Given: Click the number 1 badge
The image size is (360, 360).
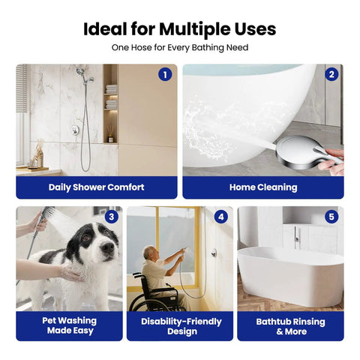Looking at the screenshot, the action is tap(165, 74).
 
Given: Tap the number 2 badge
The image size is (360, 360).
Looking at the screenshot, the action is tap(331, 74).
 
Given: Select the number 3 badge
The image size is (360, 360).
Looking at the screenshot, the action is tap(112, 217).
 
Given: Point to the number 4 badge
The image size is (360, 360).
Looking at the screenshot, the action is tap(221, 217).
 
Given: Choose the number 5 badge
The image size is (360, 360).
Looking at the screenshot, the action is tap(331, 217).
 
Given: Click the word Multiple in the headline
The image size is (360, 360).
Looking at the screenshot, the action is tap(195, 29).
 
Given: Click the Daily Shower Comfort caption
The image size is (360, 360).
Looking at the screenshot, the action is tap(97, 187).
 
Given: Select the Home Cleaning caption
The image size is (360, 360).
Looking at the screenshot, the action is tap(263, 187).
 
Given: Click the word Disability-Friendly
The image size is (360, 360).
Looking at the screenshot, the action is tap(181, 322).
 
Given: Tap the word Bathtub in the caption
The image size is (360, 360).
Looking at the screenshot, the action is tap(274, 322).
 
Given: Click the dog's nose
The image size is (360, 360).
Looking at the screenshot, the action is tap(108, 247).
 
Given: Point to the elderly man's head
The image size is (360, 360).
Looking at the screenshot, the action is tap(151, 253).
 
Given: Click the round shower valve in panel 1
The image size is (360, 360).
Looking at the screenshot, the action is tap(75, 130).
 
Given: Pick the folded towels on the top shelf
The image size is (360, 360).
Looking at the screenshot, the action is tap(111, 89).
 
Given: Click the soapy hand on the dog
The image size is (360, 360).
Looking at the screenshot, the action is tap(71, 273).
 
